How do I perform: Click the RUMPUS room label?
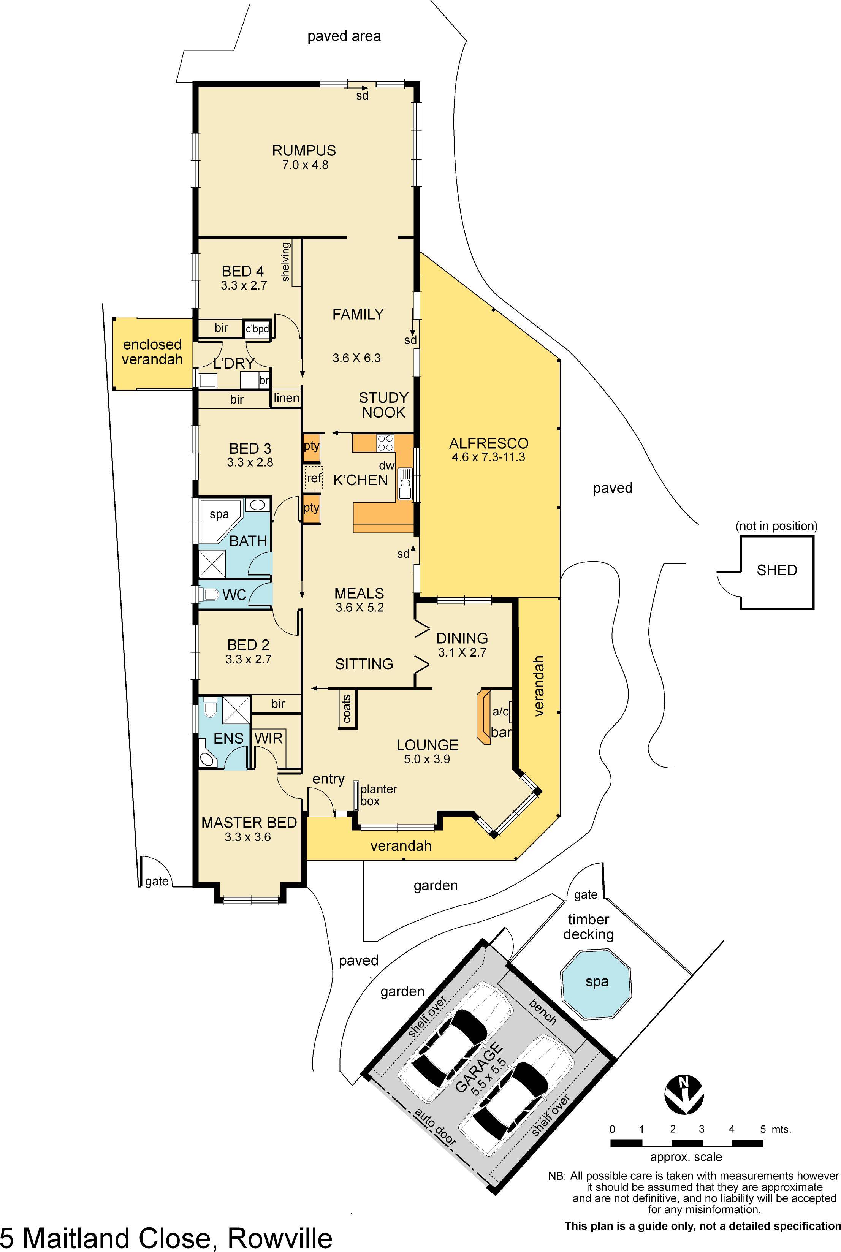tap(304, 151)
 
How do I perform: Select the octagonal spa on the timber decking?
tap(596, 982)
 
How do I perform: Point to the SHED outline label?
tap(777, 570)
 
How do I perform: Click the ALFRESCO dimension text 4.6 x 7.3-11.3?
tap(488, 457)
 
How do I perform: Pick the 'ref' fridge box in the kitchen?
tap(314, 478)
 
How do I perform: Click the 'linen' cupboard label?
tap(286, 398)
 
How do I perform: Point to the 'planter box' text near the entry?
tap(378, 795)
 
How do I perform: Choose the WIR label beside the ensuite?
tap(268, 738)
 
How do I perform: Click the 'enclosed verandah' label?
tap(152, 352)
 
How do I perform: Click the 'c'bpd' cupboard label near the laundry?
tap(257, 329)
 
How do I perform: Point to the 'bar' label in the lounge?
tap(501, 732)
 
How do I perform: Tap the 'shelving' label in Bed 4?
tap(285, 262)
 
